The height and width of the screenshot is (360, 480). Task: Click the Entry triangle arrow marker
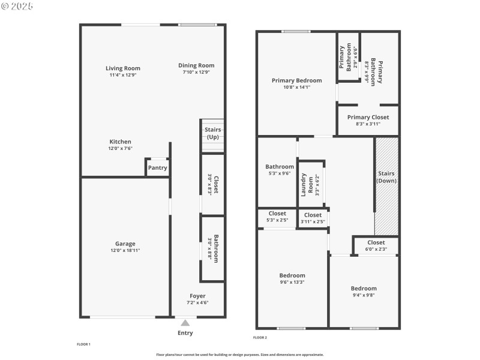tap(185, 323)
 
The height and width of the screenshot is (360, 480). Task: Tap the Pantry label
tap(157, 168)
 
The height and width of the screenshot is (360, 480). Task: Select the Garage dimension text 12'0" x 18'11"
tap(125, 250)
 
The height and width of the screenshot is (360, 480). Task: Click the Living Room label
tap(123, 68)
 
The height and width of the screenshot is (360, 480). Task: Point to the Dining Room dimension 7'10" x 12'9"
tap(196, 72)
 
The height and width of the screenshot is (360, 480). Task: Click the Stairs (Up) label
tap(213, 133)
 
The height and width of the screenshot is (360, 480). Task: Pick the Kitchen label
tap(121, 142)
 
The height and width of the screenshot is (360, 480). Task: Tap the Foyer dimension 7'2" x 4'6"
tap(197, 303)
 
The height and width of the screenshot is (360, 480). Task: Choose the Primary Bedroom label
tap(296, 80)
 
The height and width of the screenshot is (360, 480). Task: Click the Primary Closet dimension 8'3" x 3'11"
tap(368, 124)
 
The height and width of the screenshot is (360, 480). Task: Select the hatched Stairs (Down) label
tap(386, 177)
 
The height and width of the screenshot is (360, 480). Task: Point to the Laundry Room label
tap(307, 185)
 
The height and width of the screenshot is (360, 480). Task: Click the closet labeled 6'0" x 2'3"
tap(376, 245)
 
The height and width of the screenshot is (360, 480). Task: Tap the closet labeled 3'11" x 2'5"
tap(313, 218)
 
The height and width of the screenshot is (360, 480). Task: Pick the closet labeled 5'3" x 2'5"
tap(277, 217)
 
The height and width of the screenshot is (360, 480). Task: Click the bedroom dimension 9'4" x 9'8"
tap(364, 295)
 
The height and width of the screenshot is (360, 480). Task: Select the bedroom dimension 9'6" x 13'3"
tap(292, 282)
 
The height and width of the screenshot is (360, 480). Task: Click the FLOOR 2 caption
tap(260, 338)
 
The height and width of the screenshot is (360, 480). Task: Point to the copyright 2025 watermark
tap(17, 6)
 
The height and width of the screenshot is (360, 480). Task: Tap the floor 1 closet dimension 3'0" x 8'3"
tap(209, 185)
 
